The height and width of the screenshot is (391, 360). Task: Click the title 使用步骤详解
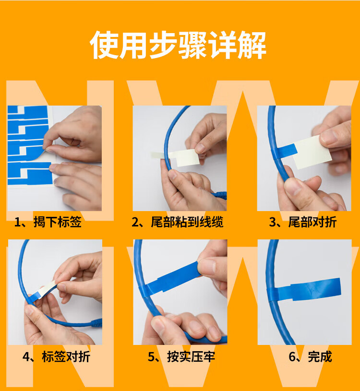click(178, 45)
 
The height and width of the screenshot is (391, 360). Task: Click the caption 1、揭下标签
click(48, 222)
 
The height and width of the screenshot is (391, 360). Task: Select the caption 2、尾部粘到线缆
click(178, 222)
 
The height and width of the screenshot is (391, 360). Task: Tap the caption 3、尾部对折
click(303, 222)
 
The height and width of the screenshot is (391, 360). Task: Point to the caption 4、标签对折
click(56, 356)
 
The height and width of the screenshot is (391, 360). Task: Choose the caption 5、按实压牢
click(181, 356)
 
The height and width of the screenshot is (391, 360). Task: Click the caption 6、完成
click(311, 356)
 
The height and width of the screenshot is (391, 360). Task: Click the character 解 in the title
click(252, 45)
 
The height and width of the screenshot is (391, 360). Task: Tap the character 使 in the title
click(104, 45)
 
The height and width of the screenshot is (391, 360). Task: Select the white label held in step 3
click(312, 152)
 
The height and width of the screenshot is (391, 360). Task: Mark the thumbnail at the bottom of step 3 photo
click(294, 188)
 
